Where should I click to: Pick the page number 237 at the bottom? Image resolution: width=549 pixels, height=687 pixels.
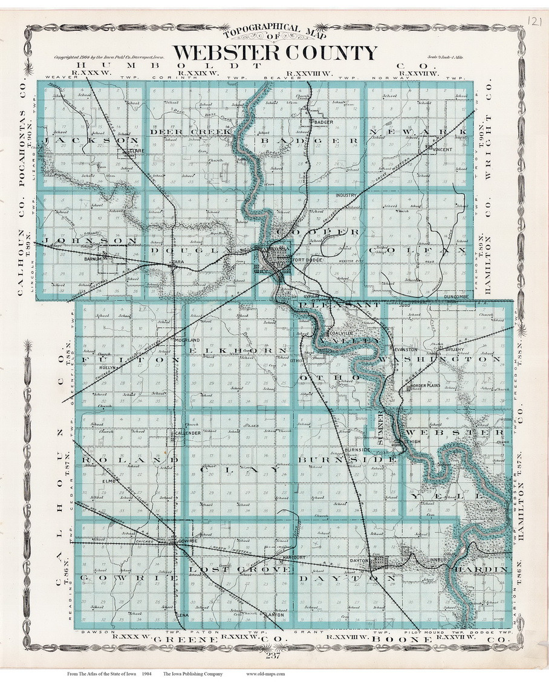point(273,657)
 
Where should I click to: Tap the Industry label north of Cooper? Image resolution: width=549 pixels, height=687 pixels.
point(347,195)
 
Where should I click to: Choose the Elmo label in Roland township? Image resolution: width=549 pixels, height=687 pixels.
point(109,481)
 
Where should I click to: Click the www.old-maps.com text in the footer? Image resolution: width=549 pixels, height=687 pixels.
point(265,673)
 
